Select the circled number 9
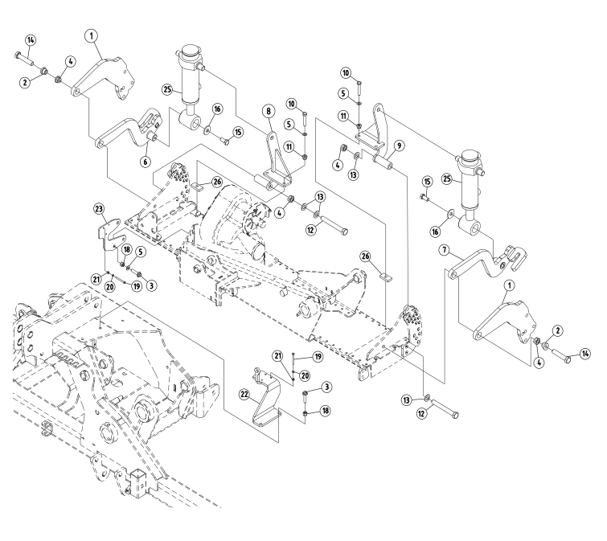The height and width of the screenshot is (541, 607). [x=399, y=145]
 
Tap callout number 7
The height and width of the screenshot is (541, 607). [x=443, y=250]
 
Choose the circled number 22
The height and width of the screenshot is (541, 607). [x=244, y=393]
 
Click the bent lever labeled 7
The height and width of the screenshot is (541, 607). [x=482, y=261]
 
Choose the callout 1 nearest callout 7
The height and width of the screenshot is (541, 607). [x=508, y=285]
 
